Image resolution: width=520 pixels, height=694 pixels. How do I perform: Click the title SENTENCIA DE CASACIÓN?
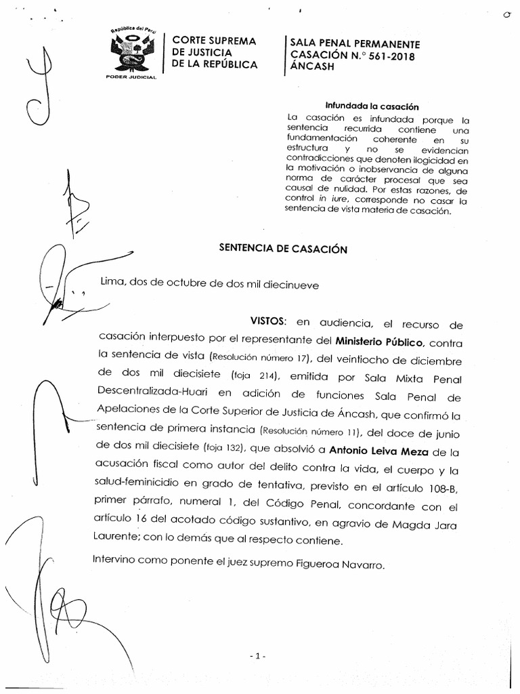pyautogui.click(x=283, y=249)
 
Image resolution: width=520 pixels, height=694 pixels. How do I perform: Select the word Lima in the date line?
pyautogui.click(x=112, y=285)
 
